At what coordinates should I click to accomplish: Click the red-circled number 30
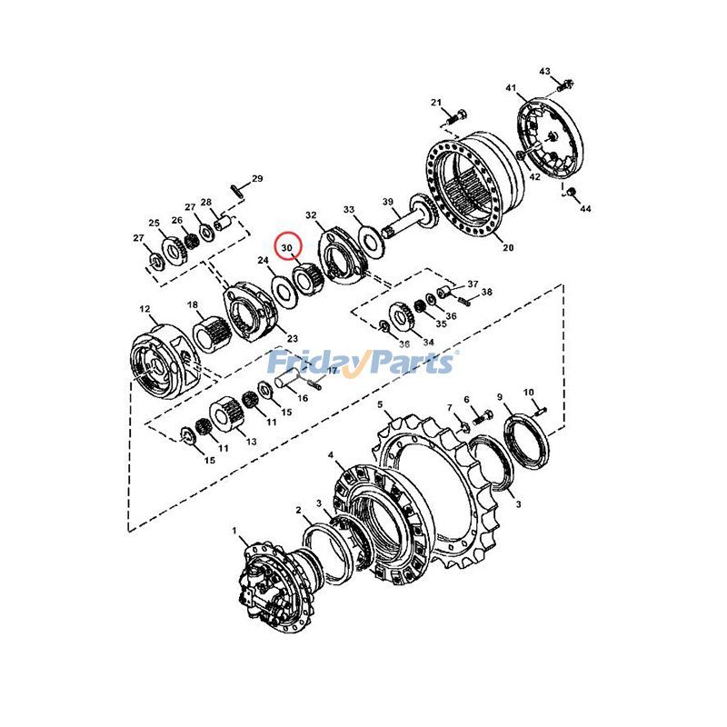tap(287, 247)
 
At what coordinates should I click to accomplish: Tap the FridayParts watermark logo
tap(362, 362)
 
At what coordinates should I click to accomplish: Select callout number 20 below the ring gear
tap(508, 247)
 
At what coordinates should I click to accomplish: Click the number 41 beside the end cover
tap(511, 87)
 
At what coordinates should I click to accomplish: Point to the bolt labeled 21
tap(456, 117)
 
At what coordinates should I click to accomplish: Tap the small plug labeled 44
tap(572, 192)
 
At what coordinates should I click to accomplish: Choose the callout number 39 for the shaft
tap(388, 202)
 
